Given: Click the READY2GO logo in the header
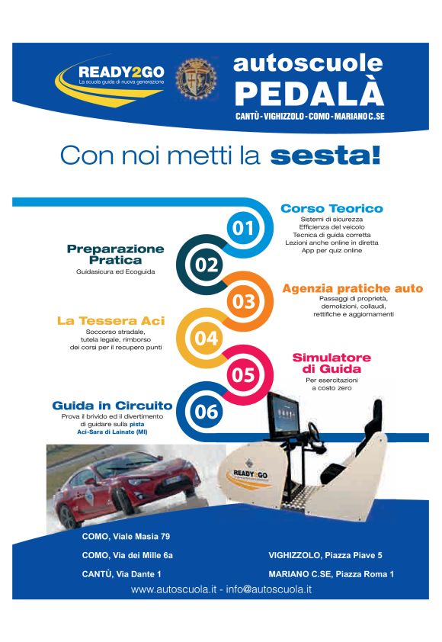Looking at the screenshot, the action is click(x=110, y=81).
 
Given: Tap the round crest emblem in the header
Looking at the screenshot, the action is click(x=196, y=79).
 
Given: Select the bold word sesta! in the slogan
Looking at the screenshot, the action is click(x=325, y=156).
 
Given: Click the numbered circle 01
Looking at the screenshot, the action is click(x=243, y=228).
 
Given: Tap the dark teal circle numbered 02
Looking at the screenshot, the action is click(x=207, y=265).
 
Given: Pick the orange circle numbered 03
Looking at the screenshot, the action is click(x=243, y=301).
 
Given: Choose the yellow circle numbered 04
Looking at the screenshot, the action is click(x=207, y=339).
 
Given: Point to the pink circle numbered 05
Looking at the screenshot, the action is click(x=243, y=374).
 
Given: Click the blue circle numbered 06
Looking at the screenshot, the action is click(x=207, y=411).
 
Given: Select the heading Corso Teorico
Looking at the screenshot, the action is click(x=332, y=208).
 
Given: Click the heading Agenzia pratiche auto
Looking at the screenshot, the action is click(x=352, y=288).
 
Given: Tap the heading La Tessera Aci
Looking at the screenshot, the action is click(x=111, y=320).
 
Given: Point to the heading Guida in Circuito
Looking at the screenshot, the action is click(x=113, y=406).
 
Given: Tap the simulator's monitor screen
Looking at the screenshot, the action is click(x=284, y=414).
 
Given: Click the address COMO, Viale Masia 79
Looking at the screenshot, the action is click(x=126, y=536).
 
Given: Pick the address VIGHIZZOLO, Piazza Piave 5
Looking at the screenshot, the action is click(x=325, y=555).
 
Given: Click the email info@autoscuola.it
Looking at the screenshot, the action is click(x=269, y=589).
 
